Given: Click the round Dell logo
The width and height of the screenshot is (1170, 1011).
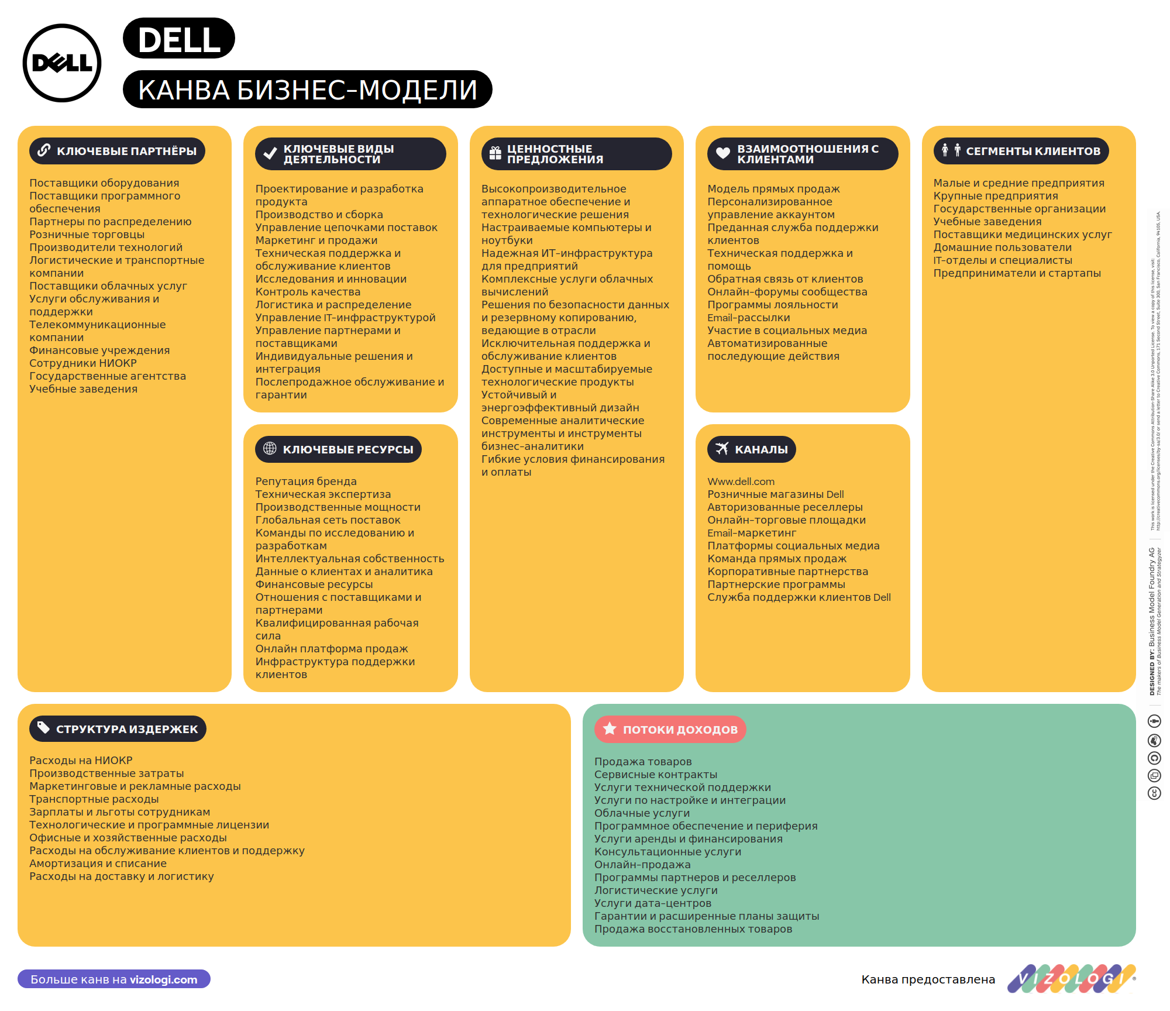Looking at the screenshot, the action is click(62, 63).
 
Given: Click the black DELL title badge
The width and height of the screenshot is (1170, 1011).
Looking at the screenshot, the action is click(179, 39).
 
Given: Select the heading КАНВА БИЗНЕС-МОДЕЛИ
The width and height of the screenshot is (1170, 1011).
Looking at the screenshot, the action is click(308, 90).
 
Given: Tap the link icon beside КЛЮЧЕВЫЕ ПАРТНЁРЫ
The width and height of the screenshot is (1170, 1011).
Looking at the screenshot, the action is click(44, 150).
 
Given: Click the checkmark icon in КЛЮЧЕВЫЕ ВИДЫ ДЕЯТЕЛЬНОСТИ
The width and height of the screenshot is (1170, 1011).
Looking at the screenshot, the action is click(270, 154).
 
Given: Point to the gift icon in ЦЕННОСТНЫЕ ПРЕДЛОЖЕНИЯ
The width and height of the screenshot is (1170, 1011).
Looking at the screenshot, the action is click(495, 154).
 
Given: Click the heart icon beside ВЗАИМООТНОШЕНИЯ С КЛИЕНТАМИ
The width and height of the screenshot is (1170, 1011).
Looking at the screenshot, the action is click(723, 153).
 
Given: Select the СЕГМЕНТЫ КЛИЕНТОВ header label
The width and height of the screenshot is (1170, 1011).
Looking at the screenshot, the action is click(1021, 151).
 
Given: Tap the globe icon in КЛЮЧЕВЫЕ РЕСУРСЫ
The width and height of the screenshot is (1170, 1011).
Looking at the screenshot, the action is click(270, 449).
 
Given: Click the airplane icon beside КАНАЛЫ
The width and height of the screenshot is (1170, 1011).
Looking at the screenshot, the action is click(722, 449).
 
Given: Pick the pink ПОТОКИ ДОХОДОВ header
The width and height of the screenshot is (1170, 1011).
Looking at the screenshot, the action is click(670, 729).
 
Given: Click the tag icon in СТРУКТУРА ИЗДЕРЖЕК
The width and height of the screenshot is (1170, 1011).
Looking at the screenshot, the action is click(43, 728).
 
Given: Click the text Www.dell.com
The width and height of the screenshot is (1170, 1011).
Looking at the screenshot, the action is click(741, 482).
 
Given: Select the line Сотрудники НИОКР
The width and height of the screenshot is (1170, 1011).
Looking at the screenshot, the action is click(83, 363).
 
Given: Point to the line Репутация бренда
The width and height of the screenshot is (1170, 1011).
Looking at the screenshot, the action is click(306, 482).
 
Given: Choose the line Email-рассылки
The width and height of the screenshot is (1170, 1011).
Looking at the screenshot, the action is click(749, 318).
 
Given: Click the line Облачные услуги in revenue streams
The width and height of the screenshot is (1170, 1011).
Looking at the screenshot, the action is click(642, 813).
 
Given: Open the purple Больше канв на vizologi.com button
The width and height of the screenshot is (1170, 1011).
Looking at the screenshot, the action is click(114, 979).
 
